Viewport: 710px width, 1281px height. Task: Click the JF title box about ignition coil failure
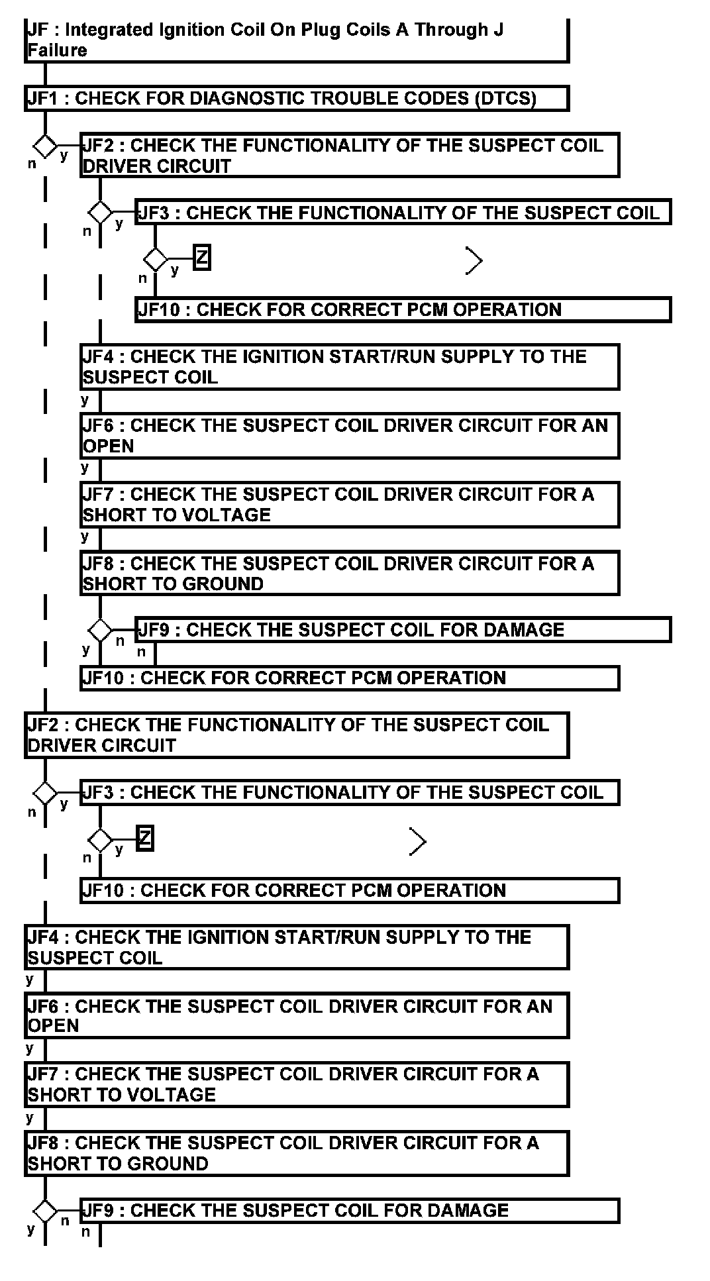click(x=296, y=40)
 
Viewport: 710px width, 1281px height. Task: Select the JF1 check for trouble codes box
click(x=296, y=98)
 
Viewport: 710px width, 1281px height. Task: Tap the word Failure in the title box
click(x=58, y=50)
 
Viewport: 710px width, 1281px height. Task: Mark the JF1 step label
click(x=46, y=98)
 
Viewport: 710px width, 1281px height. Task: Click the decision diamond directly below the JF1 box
click(x=45, y=146)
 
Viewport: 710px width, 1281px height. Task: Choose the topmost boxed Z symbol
click(x=201, y=258)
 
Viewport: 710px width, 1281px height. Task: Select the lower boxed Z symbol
click(x=145, y=838)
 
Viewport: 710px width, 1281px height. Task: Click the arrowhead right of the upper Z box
click(x=474, y=260)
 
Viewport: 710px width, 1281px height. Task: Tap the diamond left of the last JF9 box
click(x=45, y=1211)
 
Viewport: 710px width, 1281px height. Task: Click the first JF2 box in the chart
click(x=350, y=155)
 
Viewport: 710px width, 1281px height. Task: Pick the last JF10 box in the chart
click(x=350, y=890)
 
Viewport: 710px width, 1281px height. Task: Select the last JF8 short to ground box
click(x=296, y=1153)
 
